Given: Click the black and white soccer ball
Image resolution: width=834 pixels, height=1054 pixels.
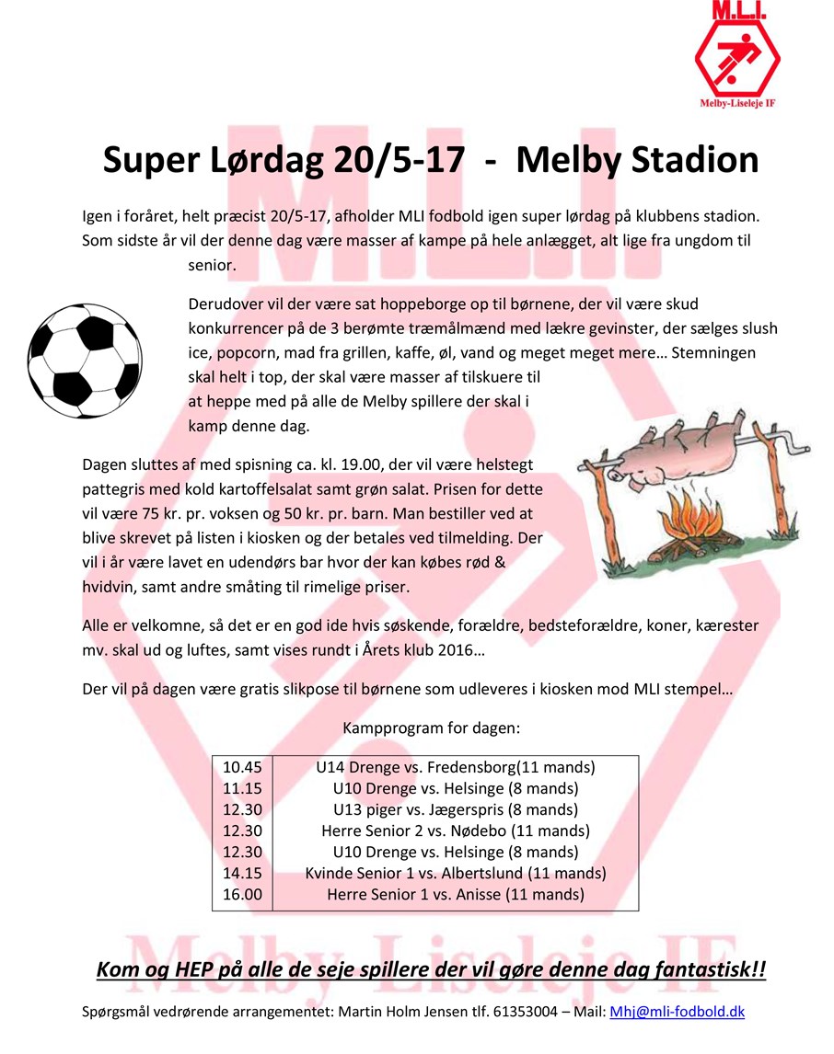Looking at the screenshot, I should click(86, 354).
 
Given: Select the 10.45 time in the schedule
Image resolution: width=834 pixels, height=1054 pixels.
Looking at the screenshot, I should click(242, 767).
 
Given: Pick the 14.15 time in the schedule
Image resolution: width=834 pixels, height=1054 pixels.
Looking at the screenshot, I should click(242, 873).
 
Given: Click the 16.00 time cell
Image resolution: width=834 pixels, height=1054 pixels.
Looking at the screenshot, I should click(242, 894).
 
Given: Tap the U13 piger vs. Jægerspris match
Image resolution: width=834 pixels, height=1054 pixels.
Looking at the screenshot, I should click(455, 809).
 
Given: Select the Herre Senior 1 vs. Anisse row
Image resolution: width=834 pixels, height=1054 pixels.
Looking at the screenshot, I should click(455, 894).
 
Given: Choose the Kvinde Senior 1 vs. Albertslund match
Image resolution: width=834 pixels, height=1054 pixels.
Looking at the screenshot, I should click(455, 873).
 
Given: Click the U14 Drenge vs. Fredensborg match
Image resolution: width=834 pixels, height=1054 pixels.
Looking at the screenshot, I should click(455, 767).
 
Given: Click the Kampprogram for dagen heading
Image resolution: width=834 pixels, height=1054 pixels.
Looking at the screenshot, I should click(431, 727).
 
